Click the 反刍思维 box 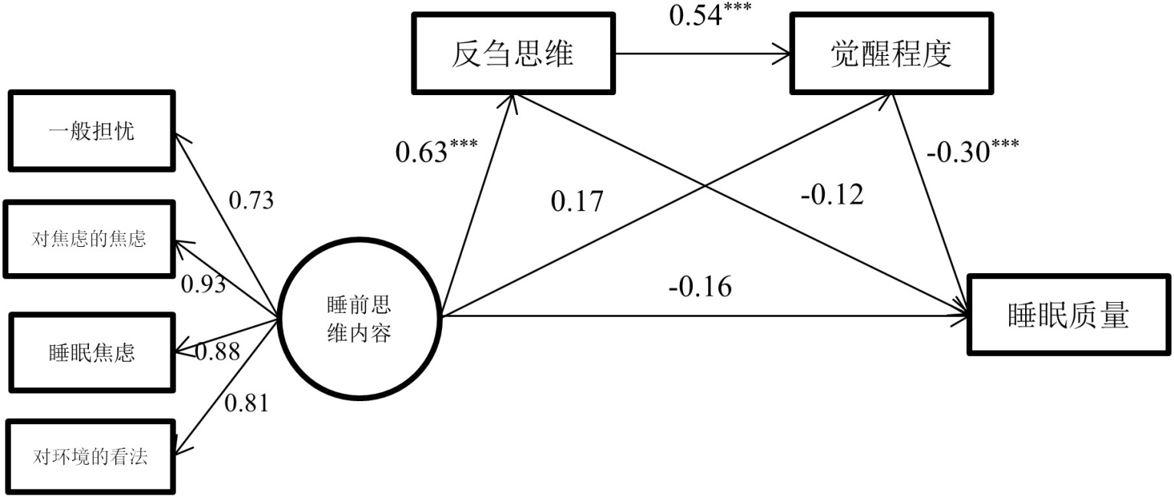tap(514, 54)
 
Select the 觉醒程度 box tap(890, 54)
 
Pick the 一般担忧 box tap(91, 131)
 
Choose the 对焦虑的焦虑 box tap(89, 239)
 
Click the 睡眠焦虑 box tap(89, 352)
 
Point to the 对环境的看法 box tap(89, 457)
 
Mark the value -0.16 tap(700, 286)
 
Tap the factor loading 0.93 tap(203, 284)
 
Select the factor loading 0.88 tap(217, 351)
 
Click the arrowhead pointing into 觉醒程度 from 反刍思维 tap(784, 54)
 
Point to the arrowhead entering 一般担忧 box tap(180, 138)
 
